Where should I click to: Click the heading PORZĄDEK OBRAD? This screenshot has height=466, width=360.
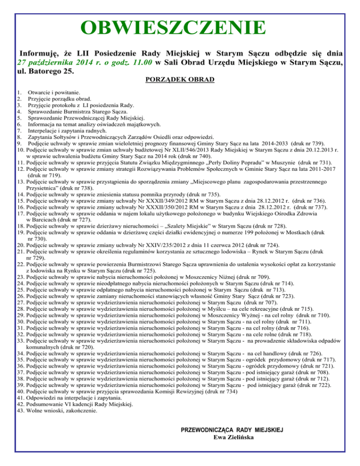[x=180, y=79]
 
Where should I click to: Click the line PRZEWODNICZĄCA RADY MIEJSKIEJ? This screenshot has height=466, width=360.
[x=233, y=430]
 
